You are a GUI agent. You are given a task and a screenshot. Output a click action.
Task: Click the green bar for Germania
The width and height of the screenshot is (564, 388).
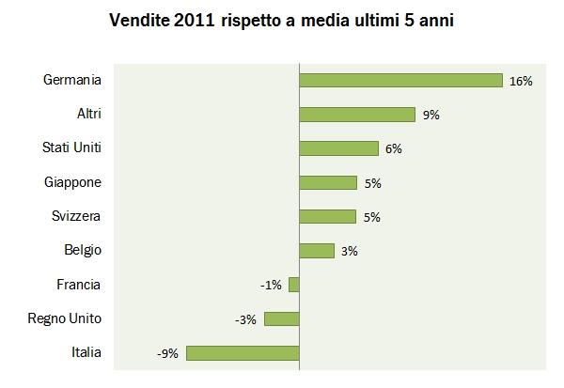coord(400,81)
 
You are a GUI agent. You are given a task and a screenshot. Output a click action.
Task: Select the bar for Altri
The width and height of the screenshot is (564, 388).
coord(357,115)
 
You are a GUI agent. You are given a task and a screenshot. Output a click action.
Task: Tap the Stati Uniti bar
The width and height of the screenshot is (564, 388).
coord(338,148)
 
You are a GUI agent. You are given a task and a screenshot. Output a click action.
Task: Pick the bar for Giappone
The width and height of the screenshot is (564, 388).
coord(328,182)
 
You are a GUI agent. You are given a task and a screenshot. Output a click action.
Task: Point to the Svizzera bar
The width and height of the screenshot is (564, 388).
coord(328,216)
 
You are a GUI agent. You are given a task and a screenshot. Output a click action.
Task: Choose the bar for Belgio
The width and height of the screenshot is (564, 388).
coord(317,251)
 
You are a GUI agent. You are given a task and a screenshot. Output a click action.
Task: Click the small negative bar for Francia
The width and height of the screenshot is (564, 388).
coord(294,285)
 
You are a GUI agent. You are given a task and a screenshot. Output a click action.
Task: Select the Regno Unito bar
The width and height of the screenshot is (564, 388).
coord(282,318)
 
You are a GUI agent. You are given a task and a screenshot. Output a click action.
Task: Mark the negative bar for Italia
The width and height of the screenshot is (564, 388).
coord(243,353)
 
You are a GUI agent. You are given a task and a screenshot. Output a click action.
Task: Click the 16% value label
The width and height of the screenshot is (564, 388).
coord(521,82)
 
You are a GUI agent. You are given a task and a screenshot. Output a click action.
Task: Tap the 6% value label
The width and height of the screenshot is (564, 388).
coord(393,149)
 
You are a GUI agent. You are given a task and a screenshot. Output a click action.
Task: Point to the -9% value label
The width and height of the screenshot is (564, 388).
coord(169,354)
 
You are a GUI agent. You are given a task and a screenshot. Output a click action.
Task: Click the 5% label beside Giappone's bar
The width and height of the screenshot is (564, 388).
coord(372,183)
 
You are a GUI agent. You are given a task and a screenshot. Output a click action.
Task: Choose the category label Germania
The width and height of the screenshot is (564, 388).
coord(72,81)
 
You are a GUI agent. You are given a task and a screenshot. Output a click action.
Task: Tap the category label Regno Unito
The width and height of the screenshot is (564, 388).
coord(65,318)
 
